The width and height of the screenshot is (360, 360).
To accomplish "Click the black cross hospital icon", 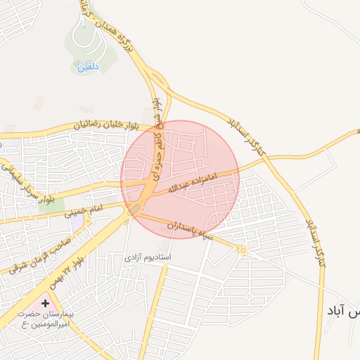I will [46, 304].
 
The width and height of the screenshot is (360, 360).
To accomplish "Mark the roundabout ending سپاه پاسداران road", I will [243, 250].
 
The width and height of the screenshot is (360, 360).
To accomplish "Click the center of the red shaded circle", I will [180, 179].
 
